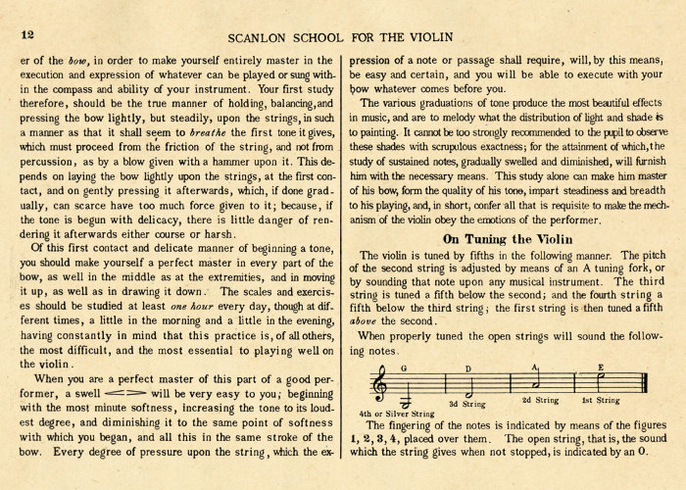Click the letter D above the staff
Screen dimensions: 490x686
pos(467,368)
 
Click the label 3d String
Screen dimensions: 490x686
pos(466,403)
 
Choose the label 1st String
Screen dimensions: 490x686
pos(601,400)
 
